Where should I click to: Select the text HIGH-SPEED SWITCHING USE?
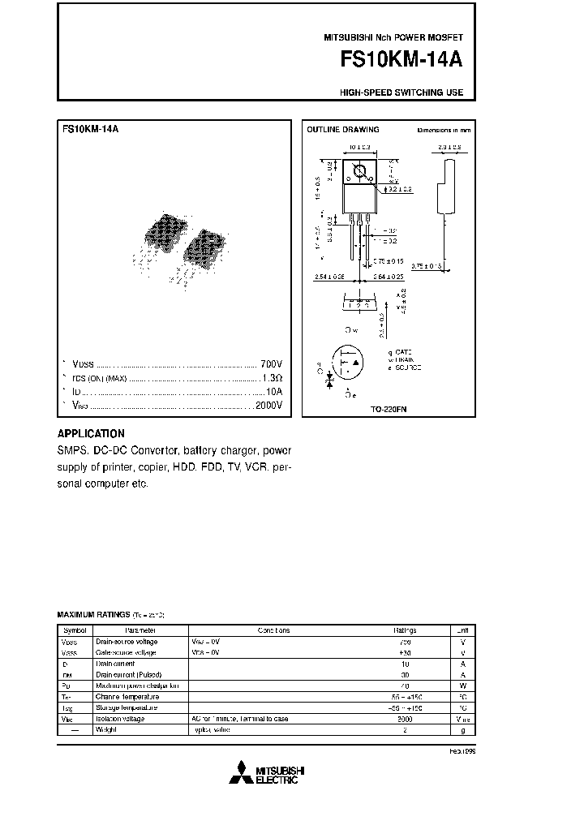pyautogui.click(x=401, y=92)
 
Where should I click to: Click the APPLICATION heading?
pyautogui.click(x=91, y=433)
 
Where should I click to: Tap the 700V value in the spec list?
pyautogui.click(x=270, y=363)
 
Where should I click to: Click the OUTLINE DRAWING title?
pyautogui.click(x=341, y=130)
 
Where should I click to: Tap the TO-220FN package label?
pyautogui.click(x=389, y=410)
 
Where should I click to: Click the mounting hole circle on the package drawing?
pyautogui.click(x=360, y=171)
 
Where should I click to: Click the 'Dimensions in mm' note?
pyautogui.click(x=443, y=130)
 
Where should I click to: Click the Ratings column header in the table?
pyautogui.click(x=406, y=630)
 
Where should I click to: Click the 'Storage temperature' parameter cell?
pyautogui.click(x=127, y=707)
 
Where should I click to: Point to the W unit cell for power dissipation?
pyautogui.click(x=462, y=686)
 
